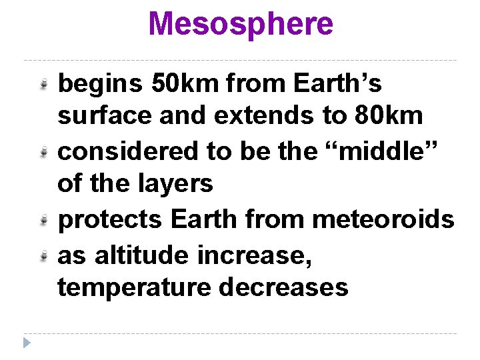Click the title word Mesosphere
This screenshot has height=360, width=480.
tap(241, 24)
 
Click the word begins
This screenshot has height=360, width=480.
tap(100, 85)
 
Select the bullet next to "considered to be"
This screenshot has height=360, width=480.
tap(43, 152)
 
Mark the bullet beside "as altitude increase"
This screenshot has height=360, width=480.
tap(43, 255)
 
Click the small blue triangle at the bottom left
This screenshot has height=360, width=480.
tap(26, 343)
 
